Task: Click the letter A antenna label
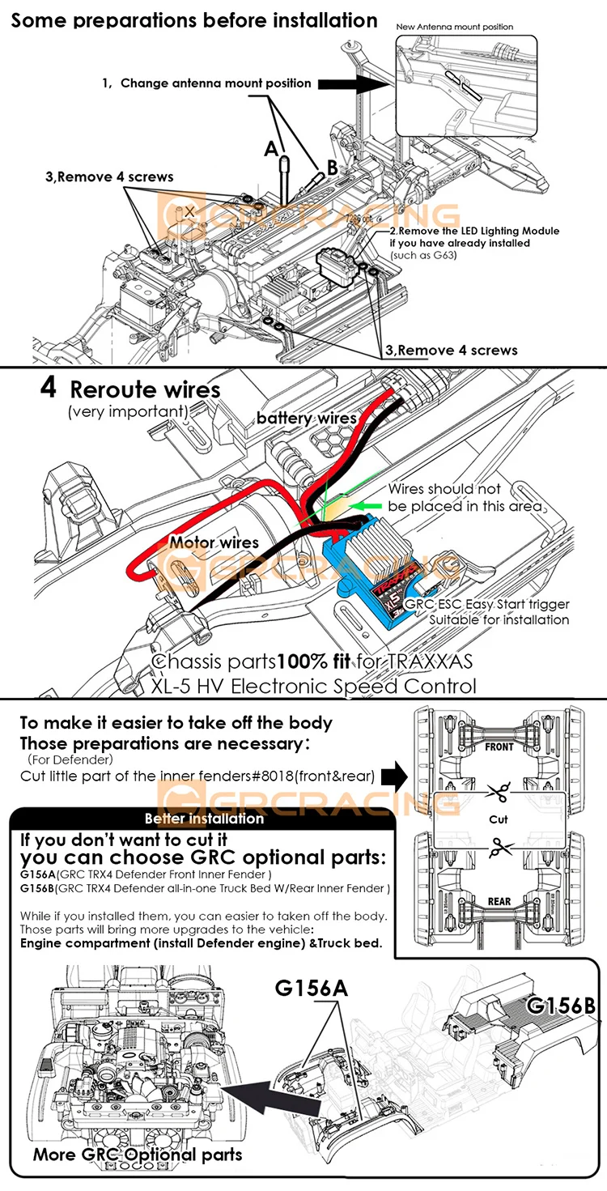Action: (x=270, y=148)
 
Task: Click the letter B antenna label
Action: (x=331, y=168)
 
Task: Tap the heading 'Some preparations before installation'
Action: (x=194, y=19)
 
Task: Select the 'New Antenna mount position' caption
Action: (x=454, y=27)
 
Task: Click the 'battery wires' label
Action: (x=306, y=418)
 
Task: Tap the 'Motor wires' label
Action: (x=214, y=542)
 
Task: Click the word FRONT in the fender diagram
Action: (x=499, y=747)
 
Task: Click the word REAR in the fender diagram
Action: (x=499, y=901)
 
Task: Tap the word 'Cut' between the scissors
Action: (x=499, y=819)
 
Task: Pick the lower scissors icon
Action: (x=501, y=847)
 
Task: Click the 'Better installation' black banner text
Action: (x=204, y=818)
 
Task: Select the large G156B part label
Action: (x=561, y=1006)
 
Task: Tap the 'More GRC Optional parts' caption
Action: (x=138, y=1154)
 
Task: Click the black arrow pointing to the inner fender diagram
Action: (x=394, y=776)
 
